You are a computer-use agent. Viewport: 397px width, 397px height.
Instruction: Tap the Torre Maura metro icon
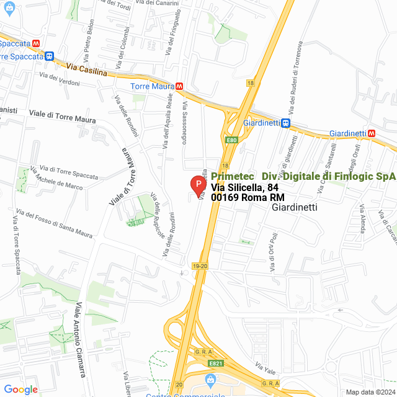179,87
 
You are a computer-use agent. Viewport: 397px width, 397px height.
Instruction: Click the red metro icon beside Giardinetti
372,133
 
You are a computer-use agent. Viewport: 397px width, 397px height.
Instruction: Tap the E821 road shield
215,364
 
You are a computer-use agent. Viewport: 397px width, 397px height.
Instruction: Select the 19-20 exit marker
200,265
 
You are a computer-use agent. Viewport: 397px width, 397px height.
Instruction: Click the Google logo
20,389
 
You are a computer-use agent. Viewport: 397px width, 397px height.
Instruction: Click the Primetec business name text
232,176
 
